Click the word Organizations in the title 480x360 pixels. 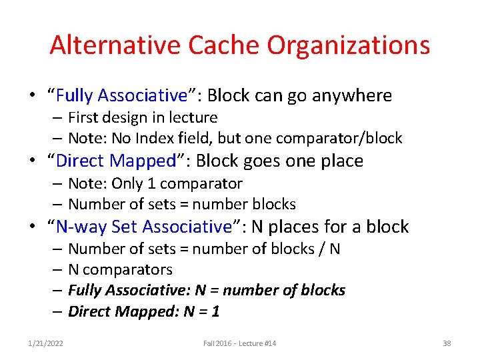pyautogui.click(x=348, y=45)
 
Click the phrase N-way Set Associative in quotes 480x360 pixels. pyautogui.click(x=143, y=227)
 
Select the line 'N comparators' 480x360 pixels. pyautogui.click(x=120, y=270)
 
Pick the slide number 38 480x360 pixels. pyautogui.click(x=447, y=343)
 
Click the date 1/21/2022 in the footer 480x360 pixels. pyautogui.click(x=46, y=343)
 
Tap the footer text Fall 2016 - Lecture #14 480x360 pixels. pyautogui.click(x=240, y=343)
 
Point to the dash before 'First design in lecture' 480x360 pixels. pyautogui.click(x=58, y=118)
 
